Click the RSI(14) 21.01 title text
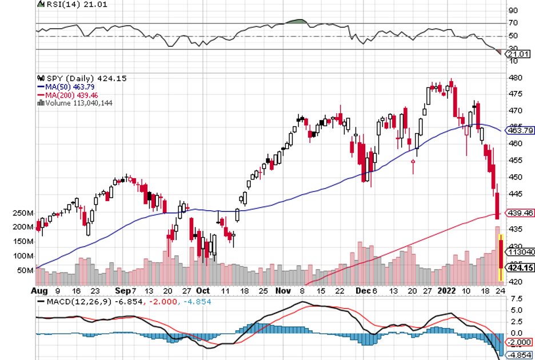63,4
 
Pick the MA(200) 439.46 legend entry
63,94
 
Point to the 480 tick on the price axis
514,78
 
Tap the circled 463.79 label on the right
521,131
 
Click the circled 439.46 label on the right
521,213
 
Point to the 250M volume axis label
23,213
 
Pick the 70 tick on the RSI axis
513,23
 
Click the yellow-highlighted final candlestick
501,257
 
